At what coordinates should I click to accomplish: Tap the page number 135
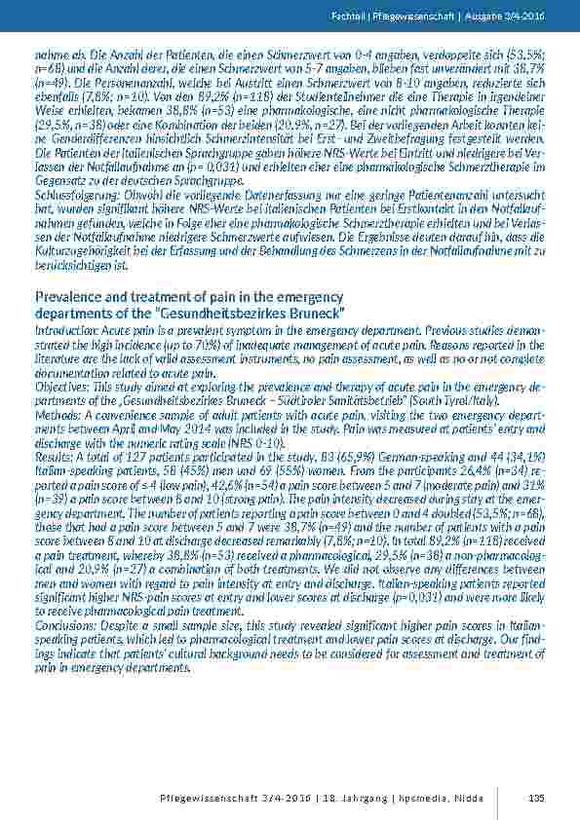534,799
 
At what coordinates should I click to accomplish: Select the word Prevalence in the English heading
67,295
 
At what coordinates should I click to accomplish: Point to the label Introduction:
66,332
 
